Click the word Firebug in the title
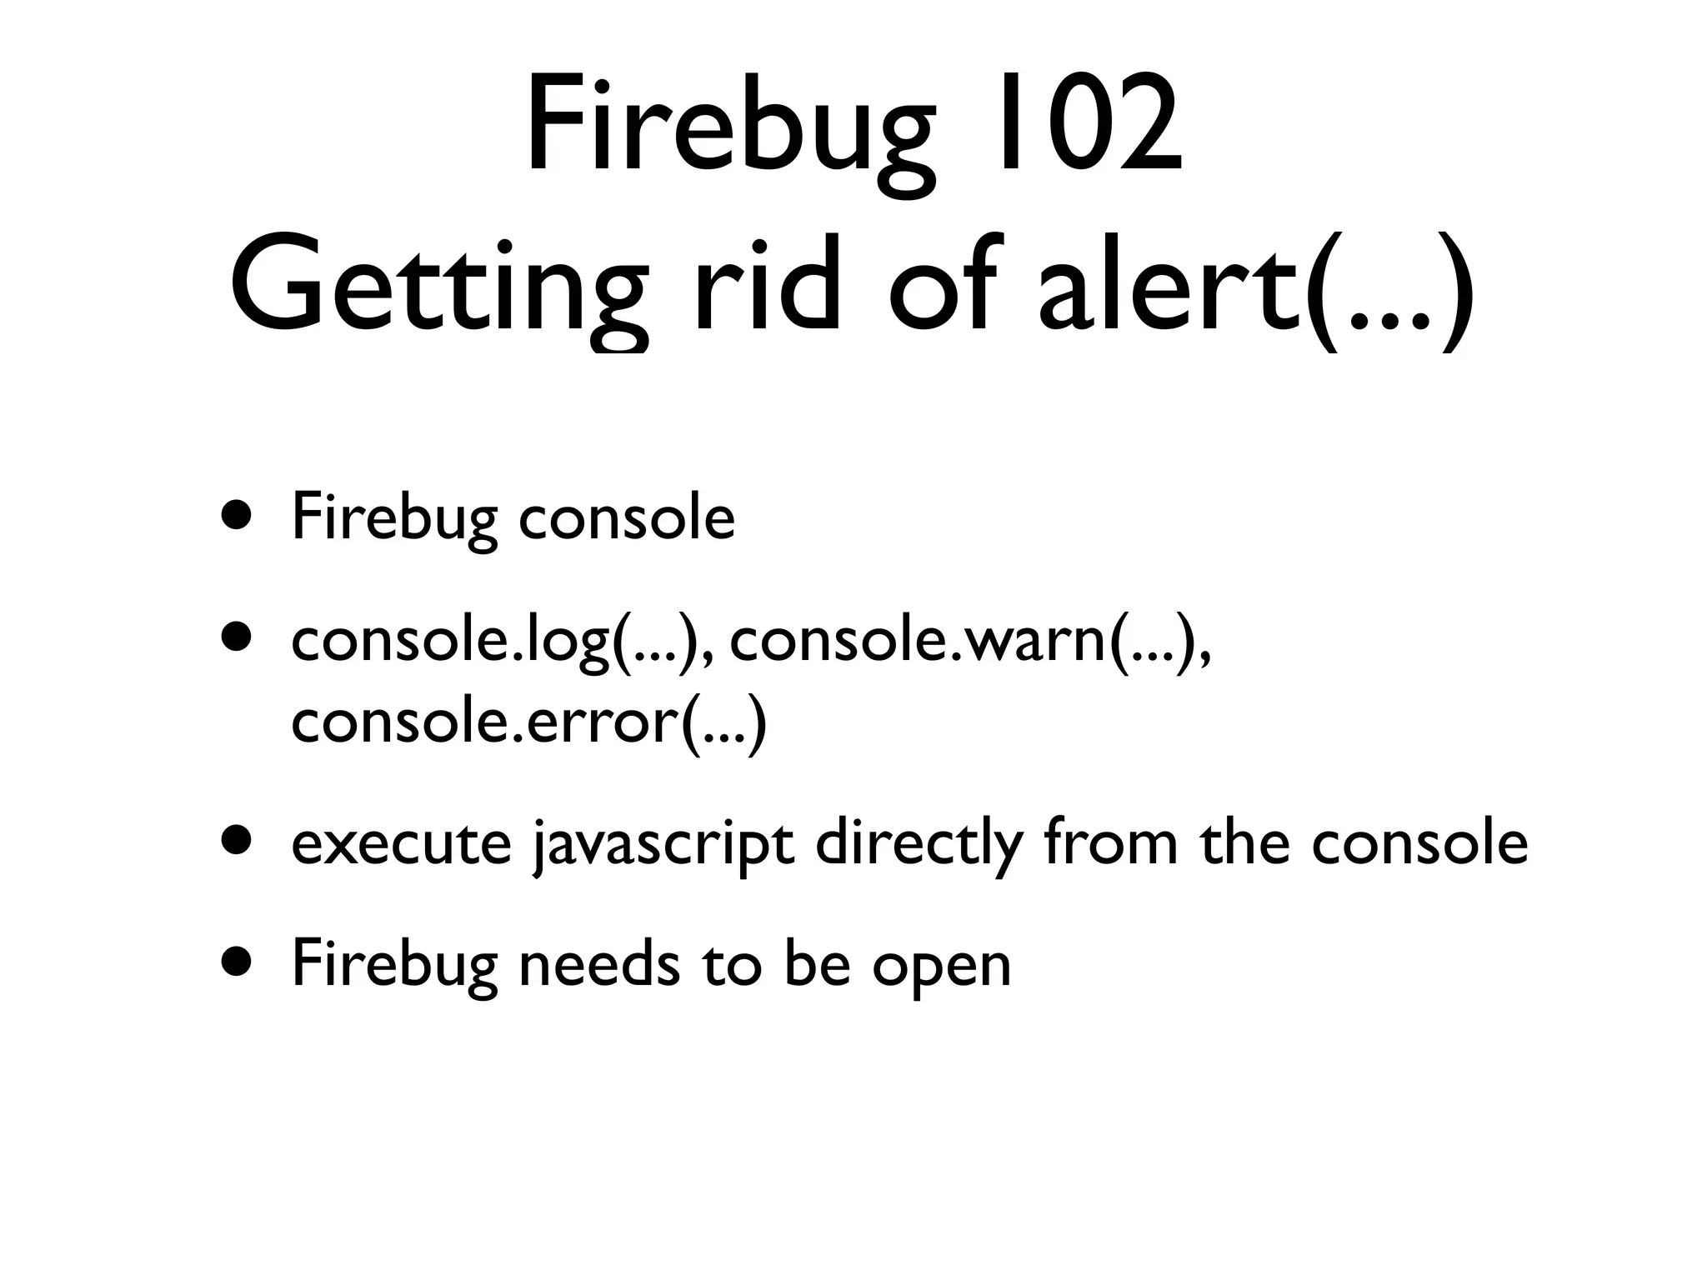point(725,133)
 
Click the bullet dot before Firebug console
point(235,514)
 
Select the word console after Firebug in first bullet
point(627,518)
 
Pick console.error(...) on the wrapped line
point(528,722)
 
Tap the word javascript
point(663,845)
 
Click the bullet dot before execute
point(235,841)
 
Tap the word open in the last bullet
point(942,968)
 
